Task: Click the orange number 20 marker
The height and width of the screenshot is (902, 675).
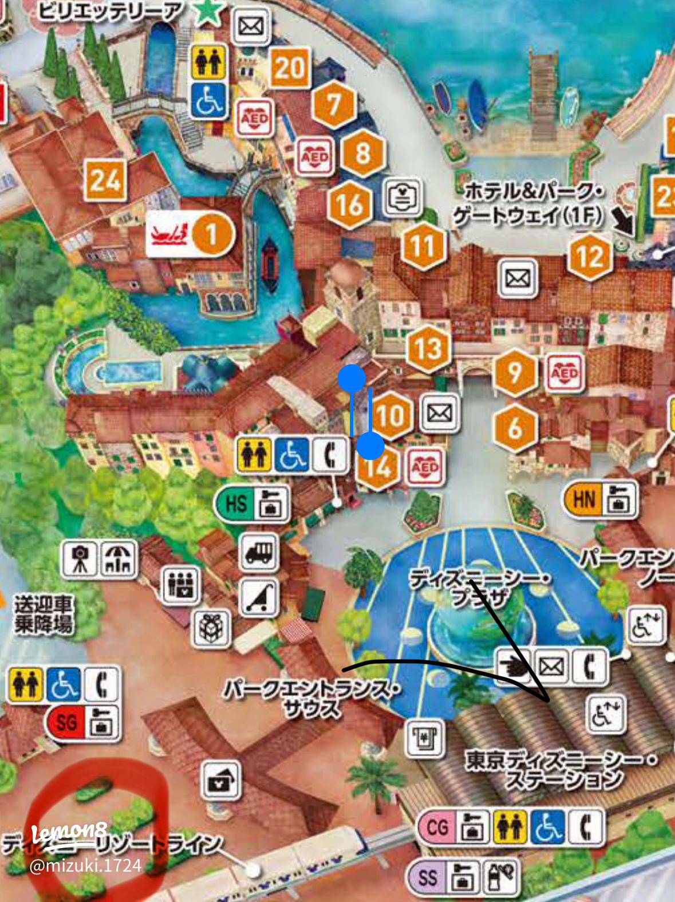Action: point(290,68)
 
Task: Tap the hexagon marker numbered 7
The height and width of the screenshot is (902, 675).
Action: point(334,105)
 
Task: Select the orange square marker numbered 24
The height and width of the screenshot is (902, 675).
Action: point(105,181)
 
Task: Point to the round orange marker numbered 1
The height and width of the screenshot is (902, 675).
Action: point(212,234)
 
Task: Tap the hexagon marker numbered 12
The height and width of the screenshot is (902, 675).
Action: point(590,257)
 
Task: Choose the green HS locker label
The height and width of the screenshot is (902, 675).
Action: point(236,505)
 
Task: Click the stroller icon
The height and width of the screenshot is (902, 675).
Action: point(259,597)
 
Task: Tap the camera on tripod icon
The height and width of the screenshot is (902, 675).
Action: point(80,558)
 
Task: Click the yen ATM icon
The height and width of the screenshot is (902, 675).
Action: point(425,737)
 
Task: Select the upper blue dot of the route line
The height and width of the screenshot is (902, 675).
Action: point(352,379)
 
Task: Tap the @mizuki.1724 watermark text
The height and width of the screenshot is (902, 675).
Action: point(85,865)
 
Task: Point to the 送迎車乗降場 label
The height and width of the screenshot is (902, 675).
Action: point(44,615)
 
